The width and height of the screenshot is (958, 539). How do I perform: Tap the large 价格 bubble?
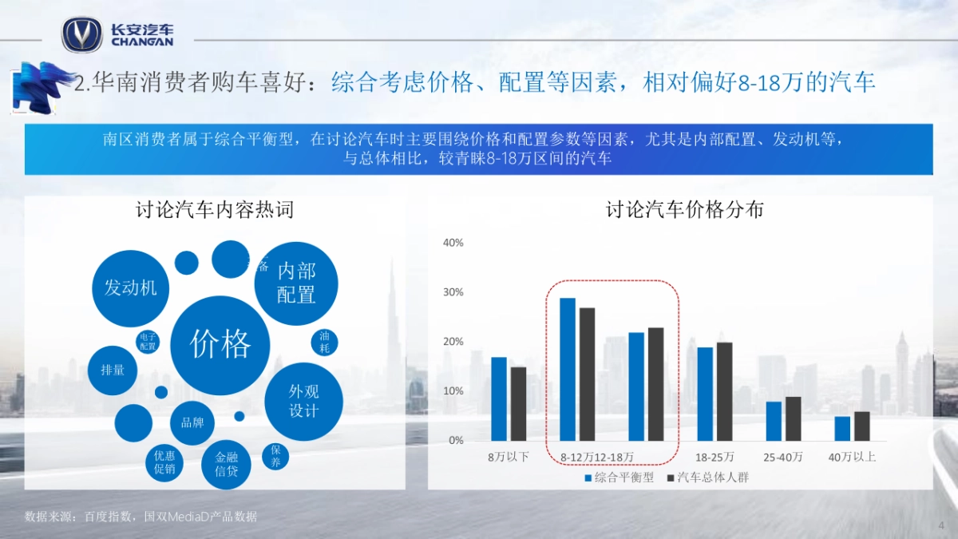coord(220,345)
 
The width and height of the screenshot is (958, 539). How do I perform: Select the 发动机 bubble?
coord(130,287)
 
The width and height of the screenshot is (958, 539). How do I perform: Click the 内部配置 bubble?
coord(296,283)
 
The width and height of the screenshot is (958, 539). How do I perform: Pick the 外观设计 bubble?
coord(303,401)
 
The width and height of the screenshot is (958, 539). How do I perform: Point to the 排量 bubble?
coord(113,371)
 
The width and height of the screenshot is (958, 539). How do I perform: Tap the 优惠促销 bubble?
coord(164,462)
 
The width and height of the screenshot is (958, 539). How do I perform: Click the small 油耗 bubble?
coord(324,343)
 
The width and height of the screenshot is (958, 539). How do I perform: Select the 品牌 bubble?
coord(192,422)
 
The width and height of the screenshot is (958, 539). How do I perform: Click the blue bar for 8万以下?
coord(499,398)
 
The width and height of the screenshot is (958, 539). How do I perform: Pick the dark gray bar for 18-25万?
coord(724,391)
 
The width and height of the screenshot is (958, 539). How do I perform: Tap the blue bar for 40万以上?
coord(842,428)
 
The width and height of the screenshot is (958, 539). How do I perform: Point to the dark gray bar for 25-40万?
coord(793,418)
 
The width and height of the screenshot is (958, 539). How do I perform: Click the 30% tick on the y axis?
coord(453,292)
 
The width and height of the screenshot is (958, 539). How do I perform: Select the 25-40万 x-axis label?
coord(783,458)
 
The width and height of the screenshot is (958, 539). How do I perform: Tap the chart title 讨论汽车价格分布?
coord(684,210)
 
